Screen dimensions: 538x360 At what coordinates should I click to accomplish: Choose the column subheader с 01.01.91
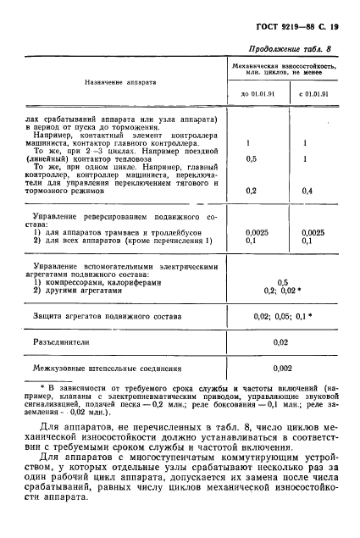click(313, 93)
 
